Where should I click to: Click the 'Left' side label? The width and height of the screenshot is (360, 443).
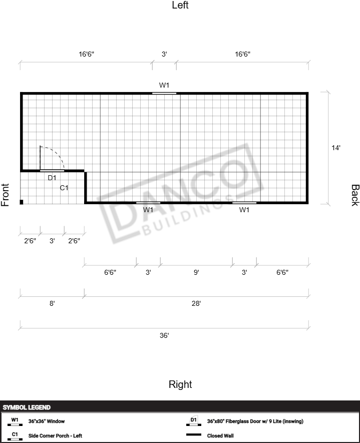click(x=180, y=5)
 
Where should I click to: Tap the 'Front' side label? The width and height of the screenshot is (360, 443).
click(x=5, y=195)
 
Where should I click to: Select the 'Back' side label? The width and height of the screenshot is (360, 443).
click(x=355, y=195)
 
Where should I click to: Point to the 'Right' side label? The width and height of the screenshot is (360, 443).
click(x=180, y=384)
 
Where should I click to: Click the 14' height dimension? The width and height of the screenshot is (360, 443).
click(x=336, y=148)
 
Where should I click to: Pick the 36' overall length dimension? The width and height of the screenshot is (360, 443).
click(x=164, y=335)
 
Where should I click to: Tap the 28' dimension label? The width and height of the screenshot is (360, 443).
click(x=196, y=303)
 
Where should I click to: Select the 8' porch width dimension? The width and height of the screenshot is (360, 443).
click(x=52, y=303)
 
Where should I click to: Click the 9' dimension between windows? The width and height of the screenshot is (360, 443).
click(x=196, y=272)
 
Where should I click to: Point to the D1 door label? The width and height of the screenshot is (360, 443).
click(x=52, y=178)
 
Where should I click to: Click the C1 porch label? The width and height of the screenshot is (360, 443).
click(x=64, y=188)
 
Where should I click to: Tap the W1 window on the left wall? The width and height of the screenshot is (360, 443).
click(x=164, y=93)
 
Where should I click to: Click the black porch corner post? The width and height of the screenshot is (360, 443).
click(x=22, y=202)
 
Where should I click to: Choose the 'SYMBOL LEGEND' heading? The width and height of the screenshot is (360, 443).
click(x=27, y=407)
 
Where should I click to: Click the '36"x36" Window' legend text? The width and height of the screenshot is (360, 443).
click(x=47, y=421)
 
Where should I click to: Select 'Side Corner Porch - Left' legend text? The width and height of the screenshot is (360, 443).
click(x=55, y=435)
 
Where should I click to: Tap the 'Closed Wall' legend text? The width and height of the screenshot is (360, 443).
click(x=220, y=435)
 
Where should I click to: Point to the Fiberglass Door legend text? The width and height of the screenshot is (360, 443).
click(x=255, y=421)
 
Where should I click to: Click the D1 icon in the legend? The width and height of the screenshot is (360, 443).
click(x=194, y=421)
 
